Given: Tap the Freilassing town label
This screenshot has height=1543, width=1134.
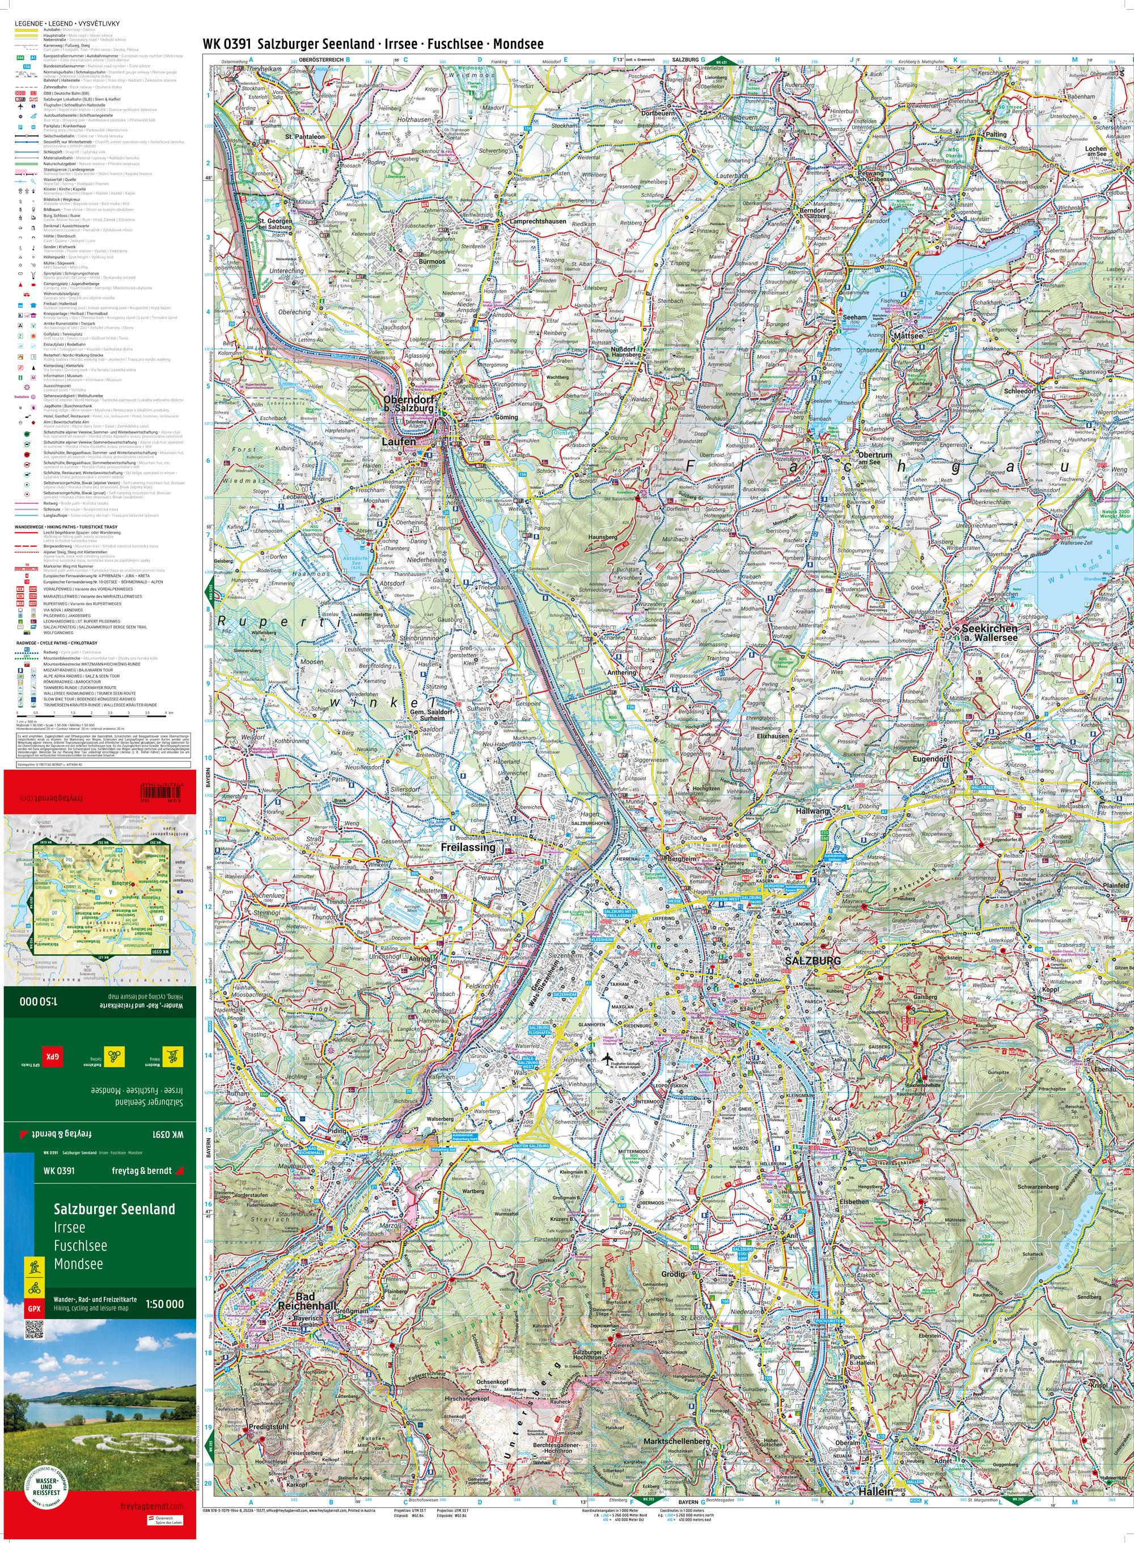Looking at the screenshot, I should [x=467, y=847].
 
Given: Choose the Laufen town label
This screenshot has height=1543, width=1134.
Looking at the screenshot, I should [x=398, y=443].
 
